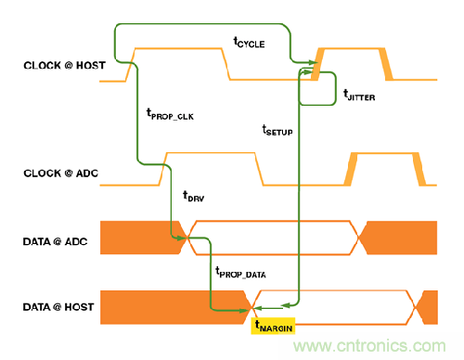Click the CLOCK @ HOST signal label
pyautogui.click(x=64, y=65)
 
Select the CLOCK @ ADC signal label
pyautogui.click(x=61, y=174)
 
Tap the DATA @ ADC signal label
pyautogui.click(x=55, y=241)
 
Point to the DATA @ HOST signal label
pyautogui.click(x=58, y=307)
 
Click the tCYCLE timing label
pyautogui.click(x=249, y=42)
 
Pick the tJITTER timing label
pyautogui.click(x=359, y=95)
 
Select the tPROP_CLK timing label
pyautogui.click(x=170, y=114)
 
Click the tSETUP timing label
pyautogui.click(x=277, y=130)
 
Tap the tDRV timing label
pyautogui.click(x=194, y=197)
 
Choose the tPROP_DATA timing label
pyautogui.click(x=240, y=273)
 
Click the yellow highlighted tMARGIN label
pyautogui.click(x=273, y=326)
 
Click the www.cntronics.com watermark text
pyautogui.click(x=369, y=346)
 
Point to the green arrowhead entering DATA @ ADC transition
pyautogui.click(x=182, y=238)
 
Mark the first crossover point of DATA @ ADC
pyautogui.click(x=187, y=238)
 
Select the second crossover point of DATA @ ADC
pyautogui.click(x=358, y=238)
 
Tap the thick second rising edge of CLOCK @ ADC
pyautogui.click(x=351, y=169)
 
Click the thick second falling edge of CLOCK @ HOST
pyautogui.click(x=386, y=64)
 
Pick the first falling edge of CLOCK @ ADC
pyautogui.click(x=259, y=169)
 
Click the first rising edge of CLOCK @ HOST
pyautogui.click(x=131, y=65)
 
